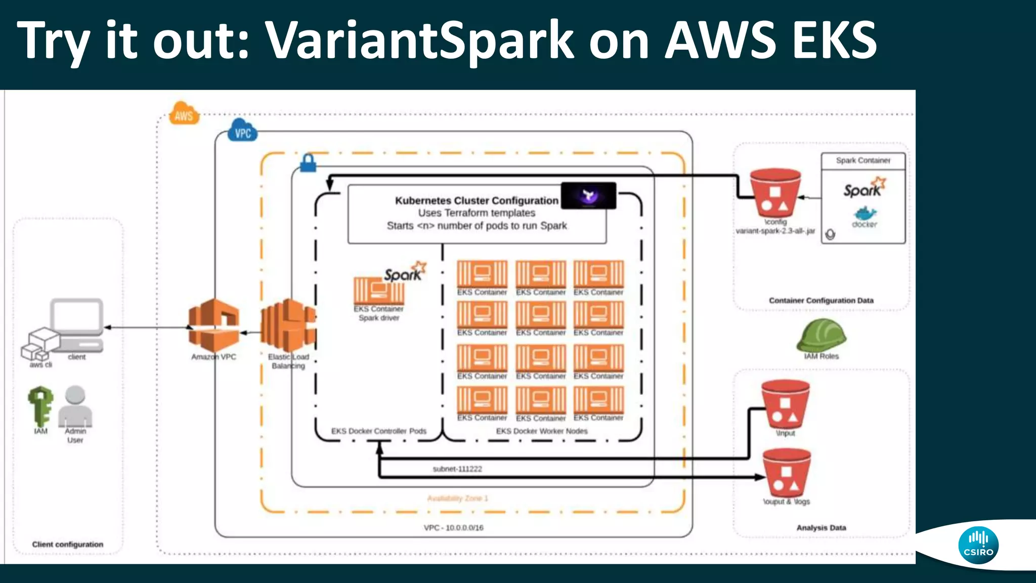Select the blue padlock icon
(308, 163)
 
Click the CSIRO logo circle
(978, 545)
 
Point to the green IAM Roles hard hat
(821, 335)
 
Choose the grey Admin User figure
(75, 406)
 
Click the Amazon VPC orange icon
(213, 325)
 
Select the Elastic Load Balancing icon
(288, 325)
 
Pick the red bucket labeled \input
(785, 405)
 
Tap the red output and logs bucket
(786, 473)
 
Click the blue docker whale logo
(865, 214)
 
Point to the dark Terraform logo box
(589, 195)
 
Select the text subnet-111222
(457, 469)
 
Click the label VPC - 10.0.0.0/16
(453, 527)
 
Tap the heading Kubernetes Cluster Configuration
(477, 200)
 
